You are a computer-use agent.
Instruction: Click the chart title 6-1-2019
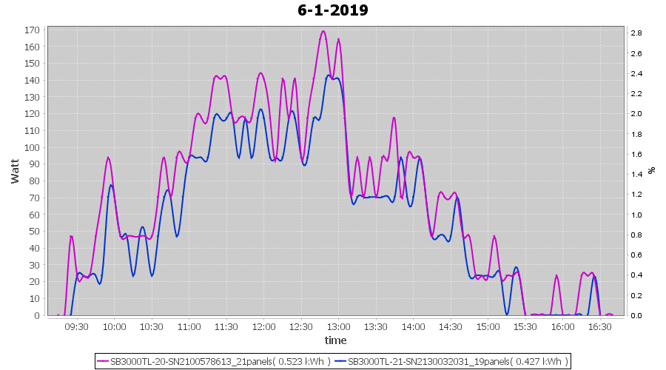(x=333, y=10)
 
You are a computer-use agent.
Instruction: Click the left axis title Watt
(x=15, y=169)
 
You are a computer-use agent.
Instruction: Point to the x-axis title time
(x=335, y=340)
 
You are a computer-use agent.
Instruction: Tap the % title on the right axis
(x=651, y=169)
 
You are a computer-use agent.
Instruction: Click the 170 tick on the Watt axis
(x=32, y=30)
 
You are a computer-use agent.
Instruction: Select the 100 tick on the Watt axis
(x=32, y=147)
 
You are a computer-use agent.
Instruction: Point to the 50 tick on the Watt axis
(x=34, y=232)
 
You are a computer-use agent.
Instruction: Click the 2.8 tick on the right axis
(x=636, y=33)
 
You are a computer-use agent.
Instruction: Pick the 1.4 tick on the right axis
(x=636, y=174)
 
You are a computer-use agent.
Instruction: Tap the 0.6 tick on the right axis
(x=636, y=255)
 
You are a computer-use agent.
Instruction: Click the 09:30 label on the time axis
(x=77, y=326)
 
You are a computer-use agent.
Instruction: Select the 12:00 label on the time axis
(x=263, y=326)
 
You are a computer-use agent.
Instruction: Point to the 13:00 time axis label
(x=338, y=326)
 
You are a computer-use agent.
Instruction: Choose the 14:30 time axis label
(x=451, y=326)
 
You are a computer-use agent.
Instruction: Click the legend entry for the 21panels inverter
(x=215, y=361)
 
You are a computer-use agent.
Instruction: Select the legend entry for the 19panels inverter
(x=451, y=361)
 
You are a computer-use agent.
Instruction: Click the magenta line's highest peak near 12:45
(x=323, y=31)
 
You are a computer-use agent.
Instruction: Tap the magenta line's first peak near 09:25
(x=71, y=236)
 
